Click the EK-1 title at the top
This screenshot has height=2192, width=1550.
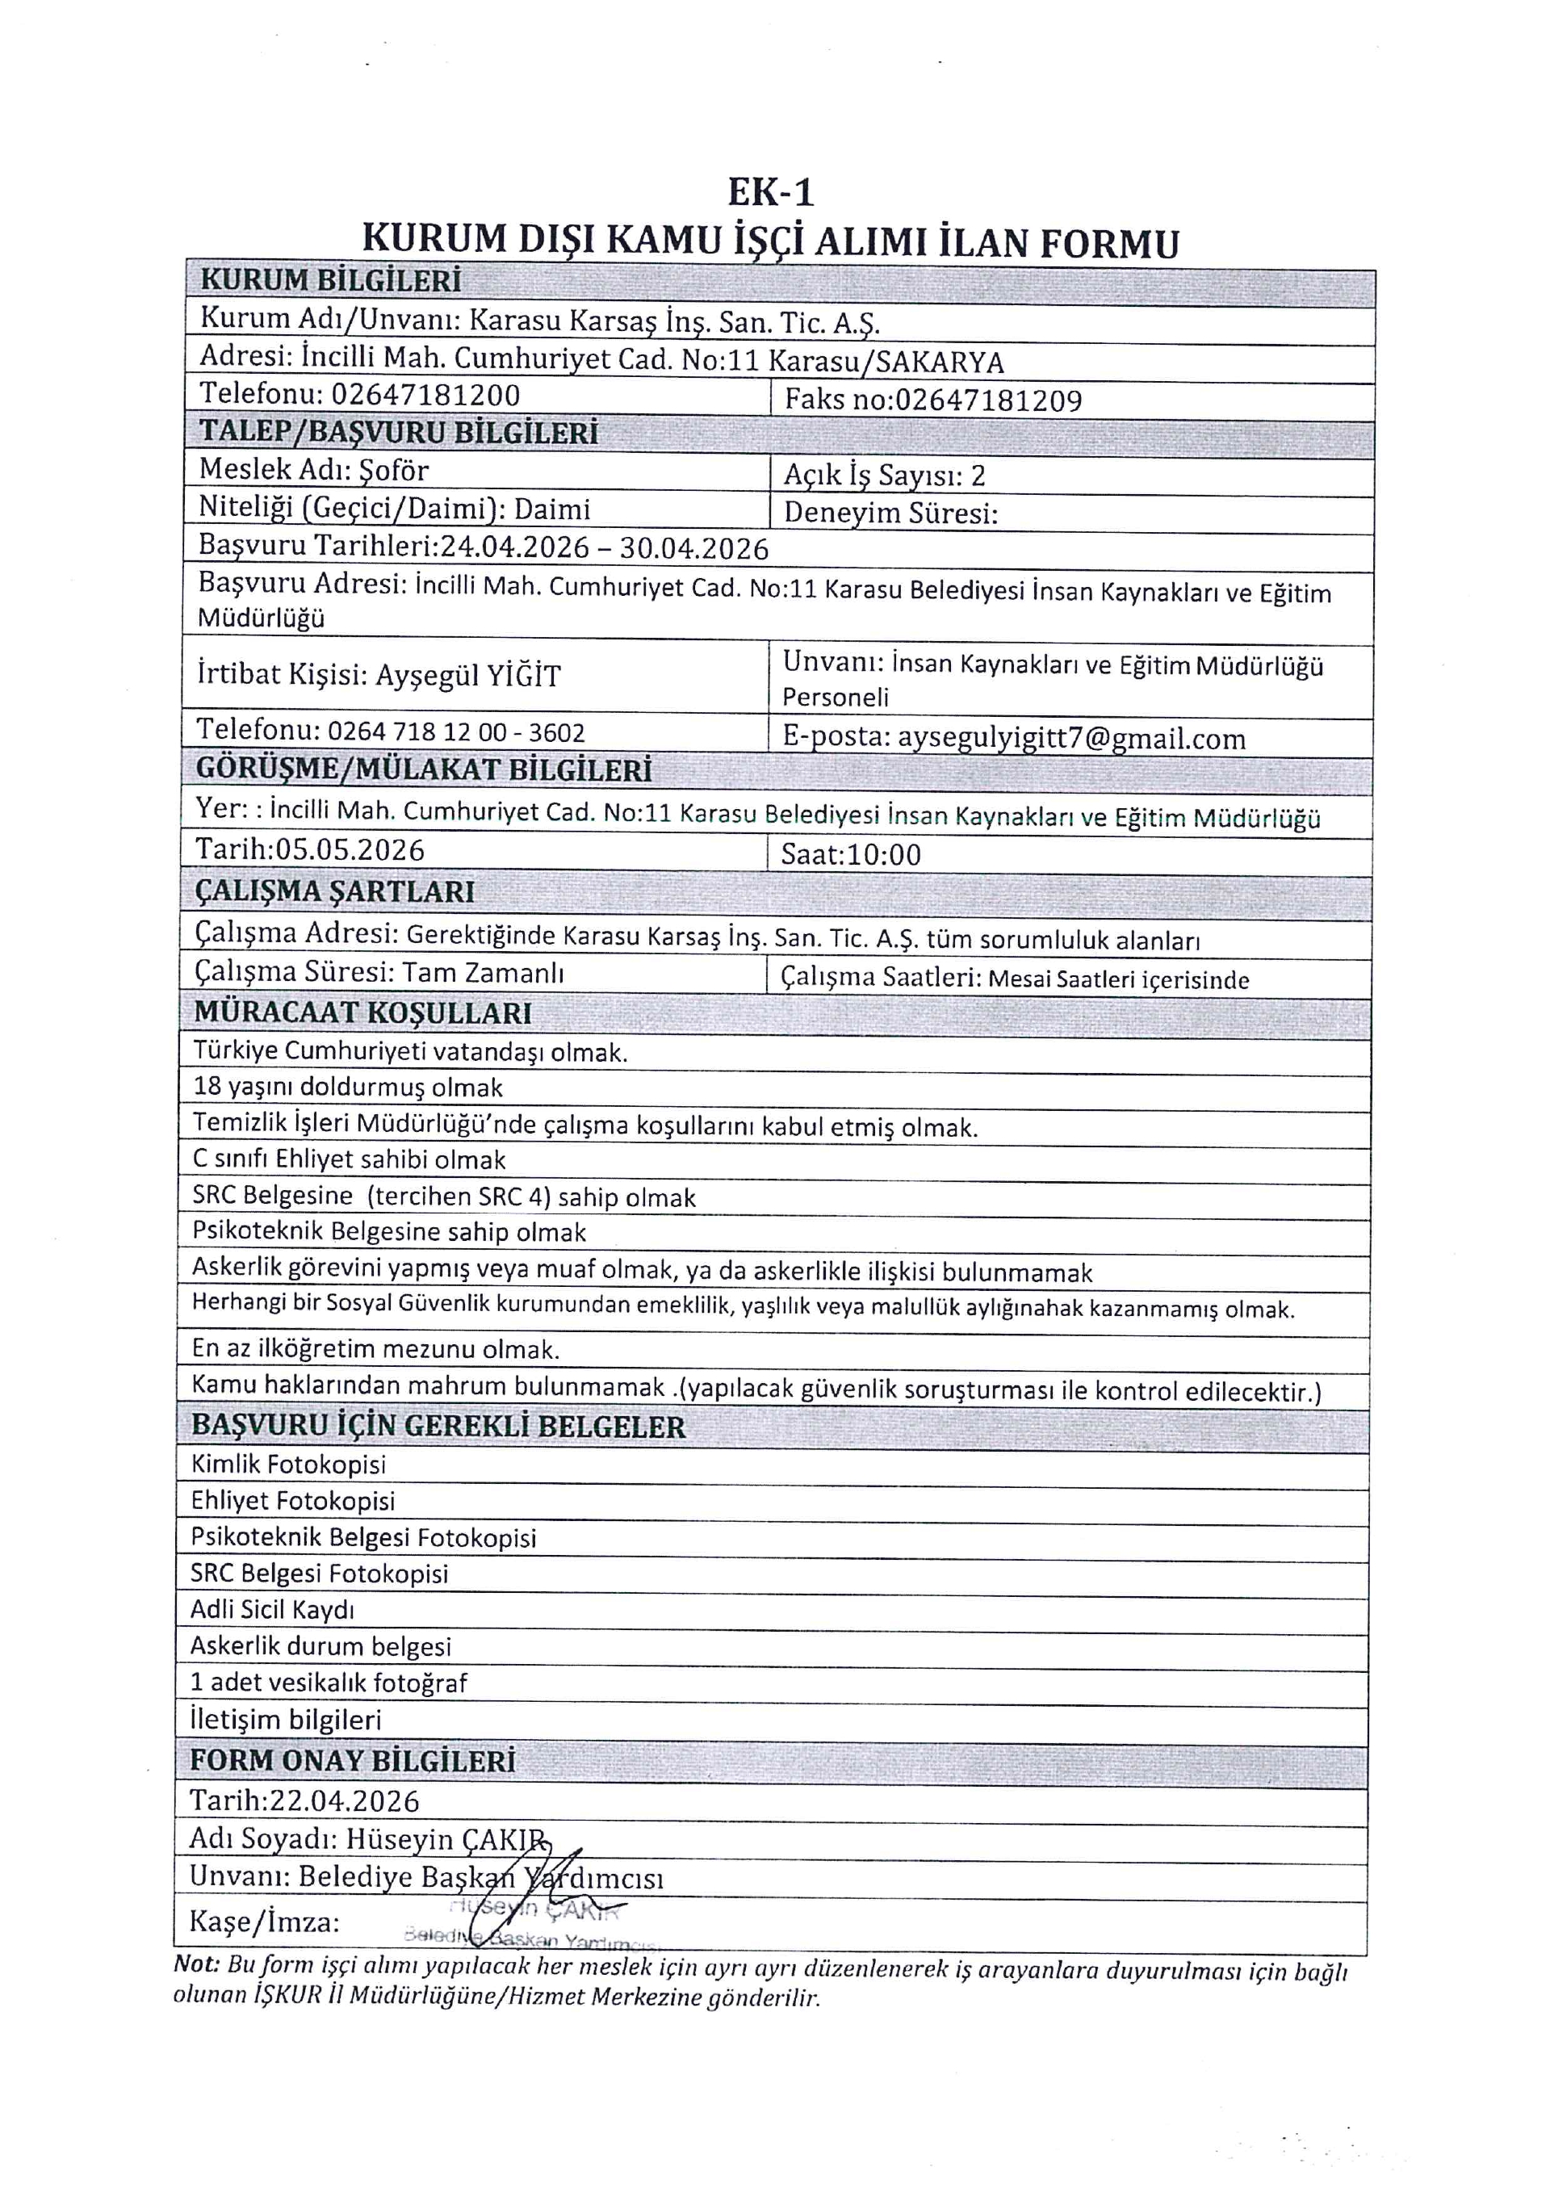tap(770, 193)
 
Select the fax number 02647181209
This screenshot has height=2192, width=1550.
tap(988, 400)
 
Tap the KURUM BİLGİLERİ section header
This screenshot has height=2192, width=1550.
tap(330, 281)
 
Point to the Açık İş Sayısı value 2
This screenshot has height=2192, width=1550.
tap(978, 476)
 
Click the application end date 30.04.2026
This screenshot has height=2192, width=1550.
tap(694, 548)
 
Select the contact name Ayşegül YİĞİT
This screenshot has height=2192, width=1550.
tap(467, 676)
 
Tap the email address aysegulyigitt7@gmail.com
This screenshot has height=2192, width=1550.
tap(1071, 738)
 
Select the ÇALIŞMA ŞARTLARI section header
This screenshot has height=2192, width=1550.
tap(335, 891)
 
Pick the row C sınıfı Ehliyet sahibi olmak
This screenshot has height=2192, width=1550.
tap(350, 1160)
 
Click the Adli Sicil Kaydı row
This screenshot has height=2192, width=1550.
tap(272, 1610)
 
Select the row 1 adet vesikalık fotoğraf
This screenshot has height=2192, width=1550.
tap(329, 1683)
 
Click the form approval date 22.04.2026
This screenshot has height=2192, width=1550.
tap(345, 1800)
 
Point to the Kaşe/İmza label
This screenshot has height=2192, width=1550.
tap(264, 1921)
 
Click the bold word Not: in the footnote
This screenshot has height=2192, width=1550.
tap(195, 1965)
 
